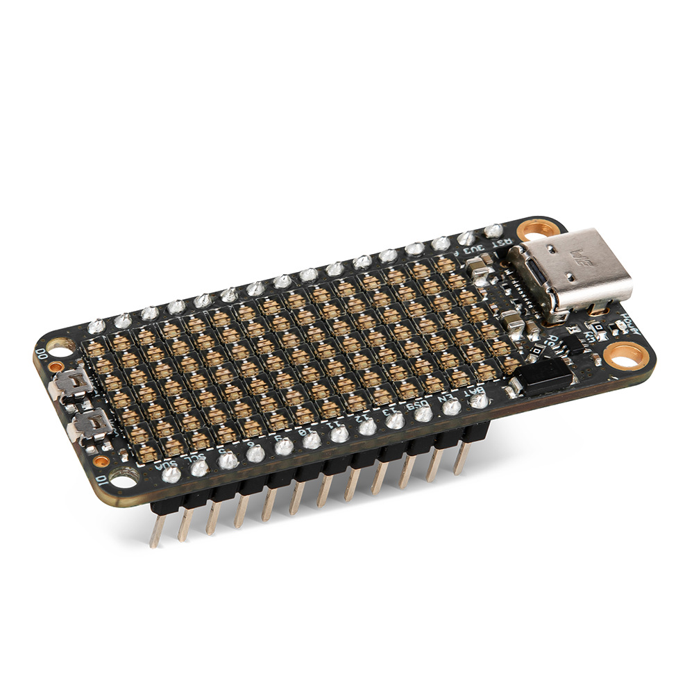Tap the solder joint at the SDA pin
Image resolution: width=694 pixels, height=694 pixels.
click(171, 475)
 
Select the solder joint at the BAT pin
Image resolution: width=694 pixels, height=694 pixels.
click(479, 400)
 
